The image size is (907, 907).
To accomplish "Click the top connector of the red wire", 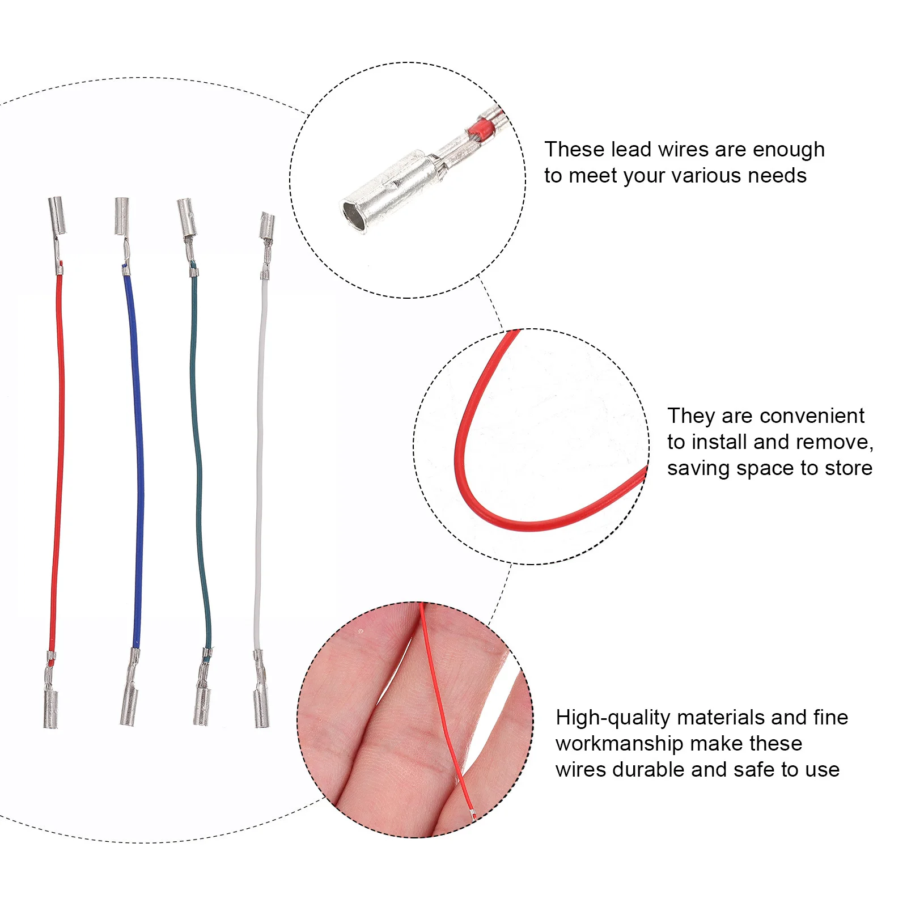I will [x=57, y=215].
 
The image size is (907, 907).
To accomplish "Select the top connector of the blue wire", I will [x=122, y=215].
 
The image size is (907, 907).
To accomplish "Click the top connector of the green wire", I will [x=187, y=217].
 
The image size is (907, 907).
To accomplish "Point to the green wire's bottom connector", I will [x=202, y=706].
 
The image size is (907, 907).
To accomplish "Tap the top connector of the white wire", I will [x=267, y=226].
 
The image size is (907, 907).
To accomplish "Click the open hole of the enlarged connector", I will [x=353, y=215].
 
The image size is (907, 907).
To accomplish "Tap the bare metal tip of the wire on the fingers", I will [x=473, y=815].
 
